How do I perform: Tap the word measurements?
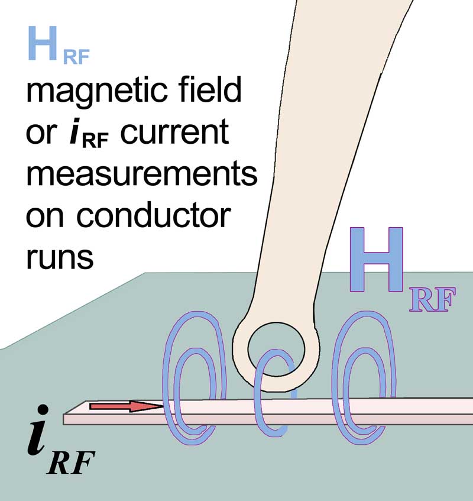point(141,175)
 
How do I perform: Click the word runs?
point(59,258)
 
